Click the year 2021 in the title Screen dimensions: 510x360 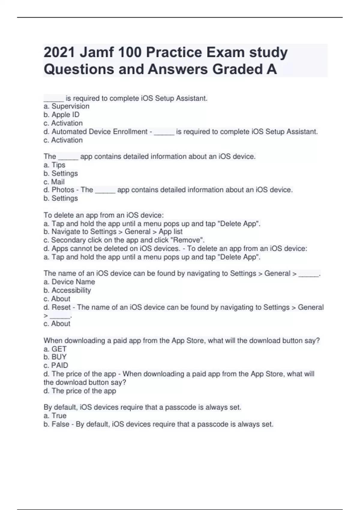coord(59,52)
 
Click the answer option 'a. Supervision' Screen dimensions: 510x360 coord(66,106)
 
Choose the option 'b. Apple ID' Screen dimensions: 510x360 coord(61,115)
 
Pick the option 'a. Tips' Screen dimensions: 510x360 coord(54,165)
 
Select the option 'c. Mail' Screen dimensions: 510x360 coord(54,182)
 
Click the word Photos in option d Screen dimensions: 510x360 coord(63,190)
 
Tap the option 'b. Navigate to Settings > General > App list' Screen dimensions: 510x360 coord(113,232)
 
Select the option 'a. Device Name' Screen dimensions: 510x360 coord(69,282)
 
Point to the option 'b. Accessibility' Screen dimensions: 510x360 coord(67,290)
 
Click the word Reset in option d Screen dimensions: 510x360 coord(61,307)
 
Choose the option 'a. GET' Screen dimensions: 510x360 coord(55,349)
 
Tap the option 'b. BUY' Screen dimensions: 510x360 coord(55,357)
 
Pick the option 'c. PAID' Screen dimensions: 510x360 coord(56,365)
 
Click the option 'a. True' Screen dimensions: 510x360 coord(55,416)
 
